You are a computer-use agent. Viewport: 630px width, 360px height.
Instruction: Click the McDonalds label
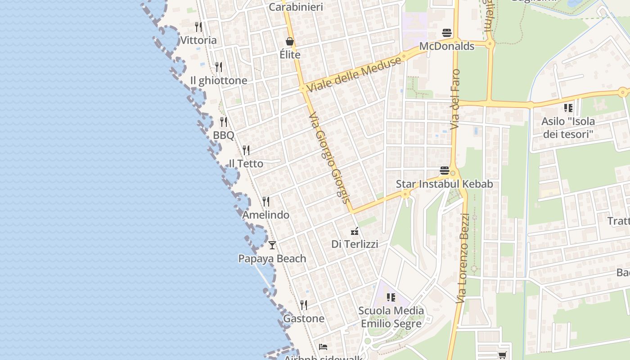446,46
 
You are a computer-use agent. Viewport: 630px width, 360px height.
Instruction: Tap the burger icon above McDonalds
447,32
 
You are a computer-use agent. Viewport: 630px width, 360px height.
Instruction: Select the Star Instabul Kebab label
444,184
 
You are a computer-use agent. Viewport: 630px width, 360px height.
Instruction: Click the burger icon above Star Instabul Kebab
445,171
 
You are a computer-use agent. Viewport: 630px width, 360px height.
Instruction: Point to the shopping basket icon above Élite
290,41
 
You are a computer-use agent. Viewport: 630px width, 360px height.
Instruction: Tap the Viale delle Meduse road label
355,75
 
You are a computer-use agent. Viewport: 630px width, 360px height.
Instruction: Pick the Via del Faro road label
455,99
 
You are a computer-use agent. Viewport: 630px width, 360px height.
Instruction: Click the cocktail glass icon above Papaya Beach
272,245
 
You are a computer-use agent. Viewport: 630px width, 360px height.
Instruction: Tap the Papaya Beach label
272,259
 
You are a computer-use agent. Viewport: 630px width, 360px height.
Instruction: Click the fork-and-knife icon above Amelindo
266,201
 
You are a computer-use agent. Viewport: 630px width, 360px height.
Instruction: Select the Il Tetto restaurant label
246,163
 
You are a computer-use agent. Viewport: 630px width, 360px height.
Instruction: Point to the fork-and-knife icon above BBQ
224,122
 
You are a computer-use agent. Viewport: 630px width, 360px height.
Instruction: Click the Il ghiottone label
219,81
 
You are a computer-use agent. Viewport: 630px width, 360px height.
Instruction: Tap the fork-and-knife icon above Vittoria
198,27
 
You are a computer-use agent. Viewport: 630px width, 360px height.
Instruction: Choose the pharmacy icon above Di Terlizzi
355,231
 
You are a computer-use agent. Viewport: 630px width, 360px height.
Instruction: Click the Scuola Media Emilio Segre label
391,317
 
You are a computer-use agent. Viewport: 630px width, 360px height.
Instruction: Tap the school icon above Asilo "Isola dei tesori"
568,108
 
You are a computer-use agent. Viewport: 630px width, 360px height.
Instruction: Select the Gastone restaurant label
304,319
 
